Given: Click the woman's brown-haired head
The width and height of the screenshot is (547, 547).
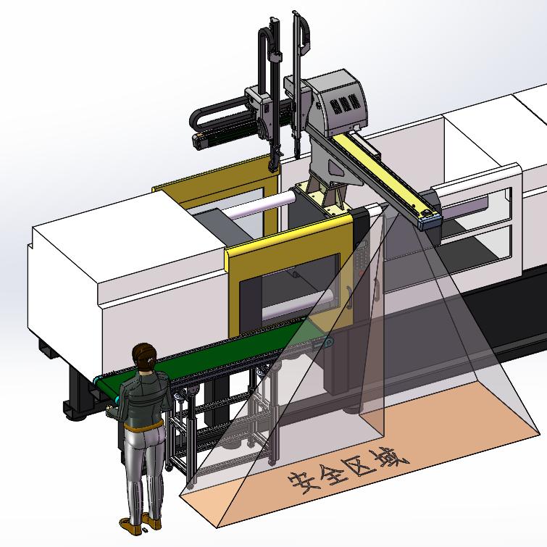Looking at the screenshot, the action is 143,356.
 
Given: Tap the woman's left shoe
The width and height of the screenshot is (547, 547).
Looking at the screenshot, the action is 130,525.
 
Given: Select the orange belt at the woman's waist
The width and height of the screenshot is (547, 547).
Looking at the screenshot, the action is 143,426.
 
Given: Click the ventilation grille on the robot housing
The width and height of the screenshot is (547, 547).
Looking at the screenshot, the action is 344,104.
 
